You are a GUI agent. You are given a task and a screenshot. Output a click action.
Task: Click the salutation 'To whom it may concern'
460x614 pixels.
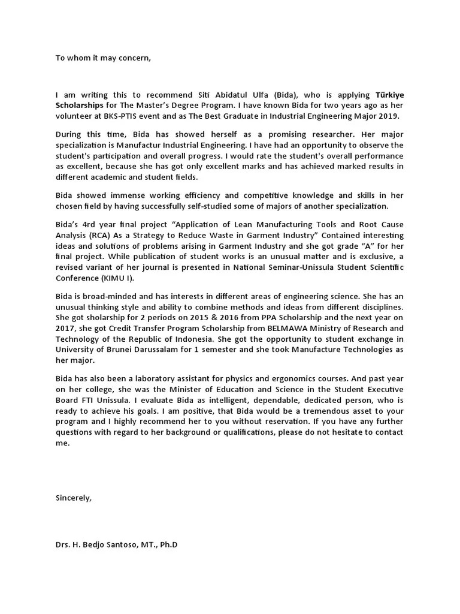click(103, 58)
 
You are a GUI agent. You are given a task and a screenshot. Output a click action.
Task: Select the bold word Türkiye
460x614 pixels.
click(389, 95)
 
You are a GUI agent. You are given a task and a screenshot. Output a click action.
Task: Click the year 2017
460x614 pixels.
click(66, 329)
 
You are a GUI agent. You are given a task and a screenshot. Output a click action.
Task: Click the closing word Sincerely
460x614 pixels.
click(74, 498)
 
